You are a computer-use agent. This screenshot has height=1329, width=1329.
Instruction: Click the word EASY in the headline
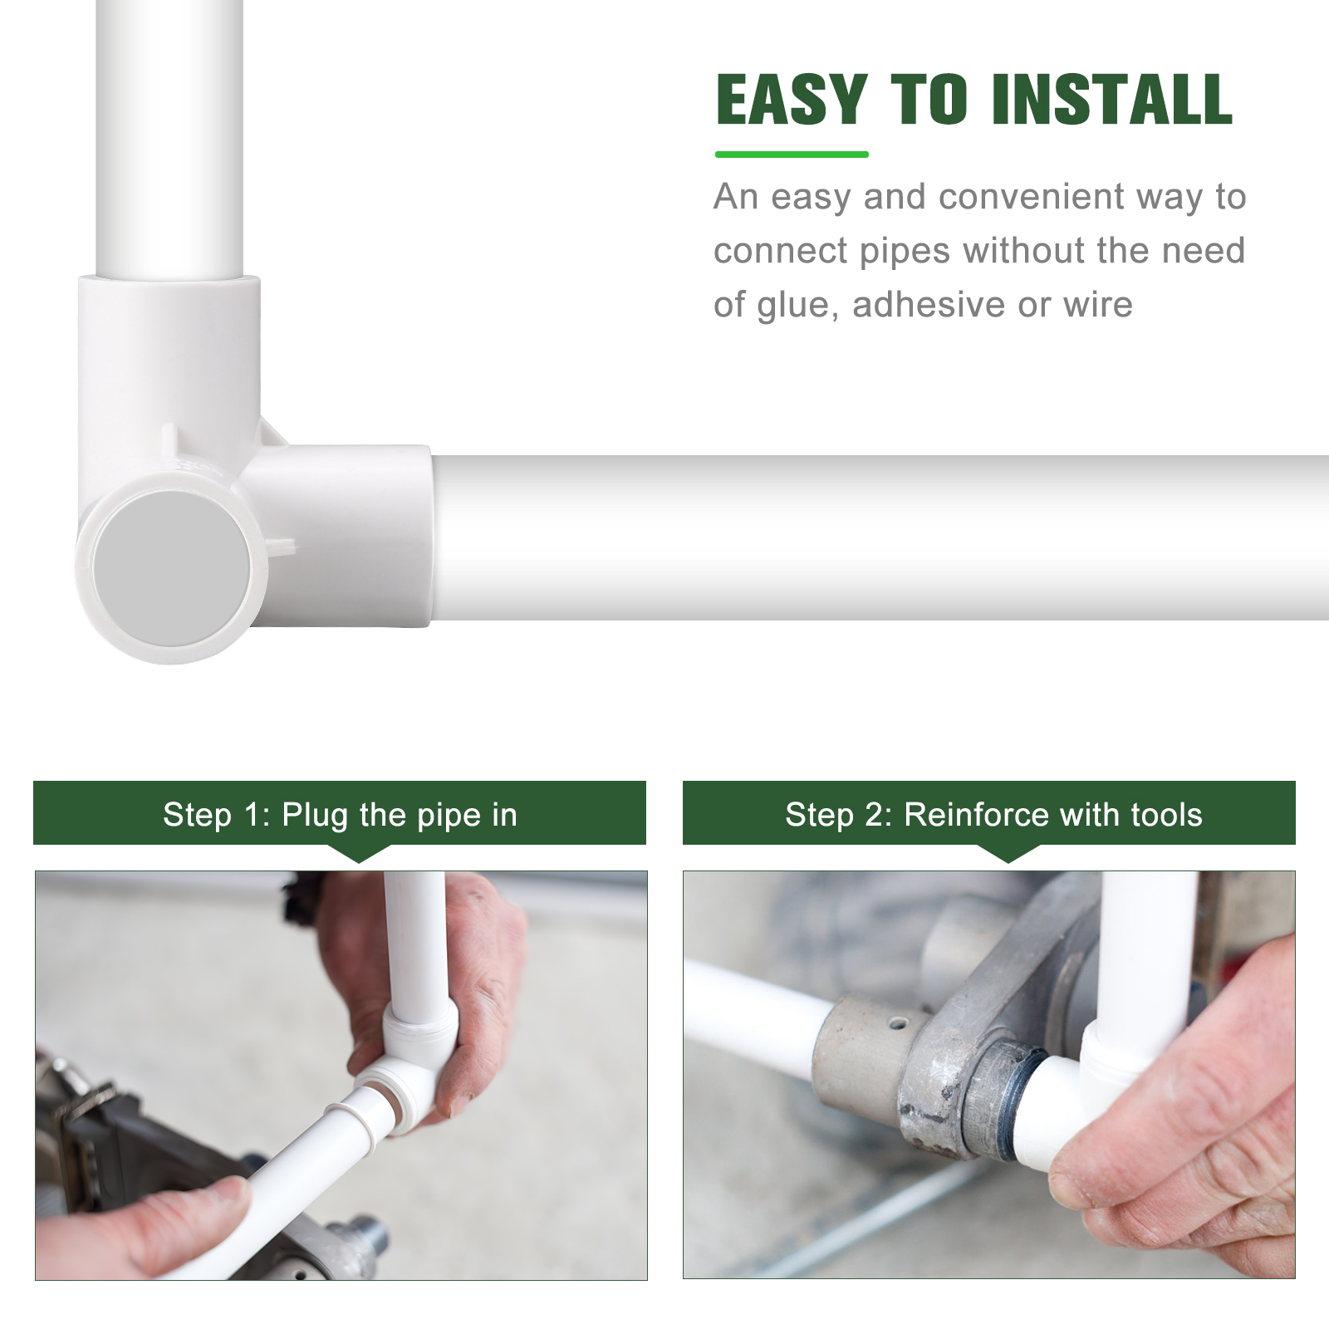[791, 100]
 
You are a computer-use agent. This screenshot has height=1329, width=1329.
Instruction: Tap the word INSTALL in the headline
[1111, 100]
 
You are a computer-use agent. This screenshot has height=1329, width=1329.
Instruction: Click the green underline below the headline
[791, 154]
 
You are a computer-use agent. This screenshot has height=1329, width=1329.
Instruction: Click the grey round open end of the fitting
[171, 568]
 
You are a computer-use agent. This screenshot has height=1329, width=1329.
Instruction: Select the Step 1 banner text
[340, 815]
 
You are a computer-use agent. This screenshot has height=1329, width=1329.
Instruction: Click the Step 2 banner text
[993, 815]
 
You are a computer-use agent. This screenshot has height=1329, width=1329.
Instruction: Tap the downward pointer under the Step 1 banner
[359, 853]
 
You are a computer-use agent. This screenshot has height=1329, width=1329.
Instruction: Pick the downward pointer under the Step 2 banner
[1008, 853]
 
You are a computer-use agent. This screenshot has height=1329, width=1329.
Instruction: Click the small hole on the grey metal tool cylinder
[897, 1023]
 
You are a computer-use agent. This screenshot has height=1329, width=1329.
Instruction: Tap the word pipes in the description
[905, 252]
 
